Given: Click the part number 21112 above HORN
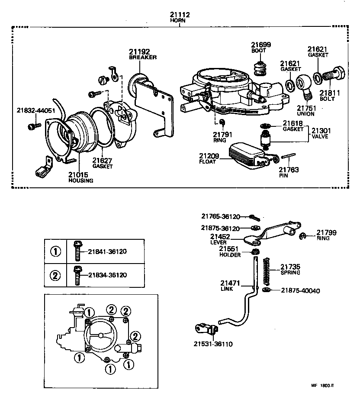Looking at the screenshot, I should click(180, 15).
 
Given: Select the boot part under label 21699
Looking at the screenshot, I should click(260, 68).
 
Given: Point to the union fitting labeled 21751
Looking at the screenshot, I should click(305, 87).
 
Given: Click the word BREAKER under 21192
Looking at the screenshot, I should click(142, 57).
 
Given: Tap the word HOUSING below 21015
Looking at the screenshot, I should click(80, 180).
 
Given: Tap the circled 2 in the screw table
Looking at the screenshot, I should click(55, 275).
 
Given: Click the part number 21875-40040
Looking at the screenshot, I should click(300, 291).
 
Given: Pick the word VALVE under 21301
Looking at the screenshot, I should click(321, 136).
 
